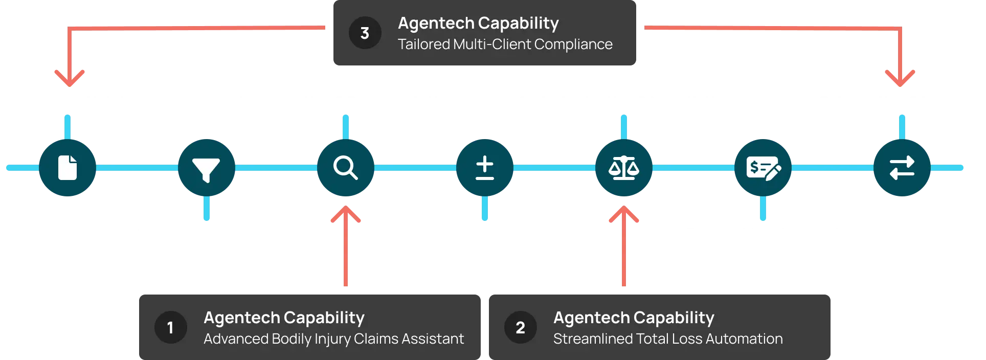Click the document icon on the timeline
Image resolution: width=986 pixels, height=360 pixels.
68,168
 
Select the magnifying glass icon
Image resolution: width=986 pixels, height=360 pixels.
345,168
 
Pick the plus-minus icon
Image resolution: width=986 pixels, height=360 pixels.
484,168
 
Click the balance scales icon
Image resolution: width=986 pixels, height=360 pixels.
623,168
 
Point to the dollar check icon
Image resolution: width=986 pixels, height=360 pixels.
763,168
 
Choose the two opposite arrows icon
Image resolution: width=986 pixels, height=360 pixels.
902,168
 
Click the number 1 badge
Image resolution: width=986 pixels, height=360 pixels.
170,327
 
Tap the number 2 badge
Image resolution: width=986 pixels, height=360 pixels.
520,327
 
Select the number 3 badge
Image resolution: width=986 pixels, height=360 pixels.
365,33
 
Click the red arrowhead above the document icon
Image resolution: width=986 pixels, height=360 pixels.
70,79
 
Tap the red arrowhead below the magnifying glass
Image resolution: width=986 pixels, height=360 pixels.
346,215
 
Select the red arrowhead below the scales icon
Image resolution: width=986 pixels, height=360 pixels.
623,215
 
